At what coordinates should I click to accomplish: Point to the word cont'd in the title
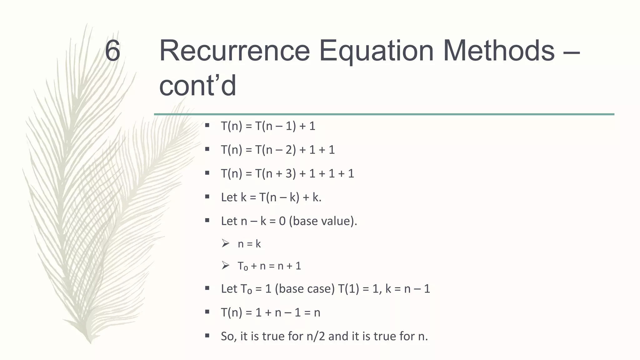[197, 86]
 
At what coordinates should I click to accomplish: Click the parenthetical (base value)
[323, 221]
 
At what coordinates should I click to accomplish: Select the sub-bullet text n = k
[249, 243]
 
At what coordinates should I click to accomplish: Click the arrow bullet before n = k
[225, 243]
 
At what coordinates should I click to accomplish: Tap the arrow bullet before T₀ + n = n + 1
[225, 266]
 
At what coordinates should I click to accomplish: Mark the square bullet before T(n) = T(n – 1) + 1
[207, 126]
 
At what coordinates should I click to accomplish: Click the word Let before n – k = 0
[229, 221]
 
